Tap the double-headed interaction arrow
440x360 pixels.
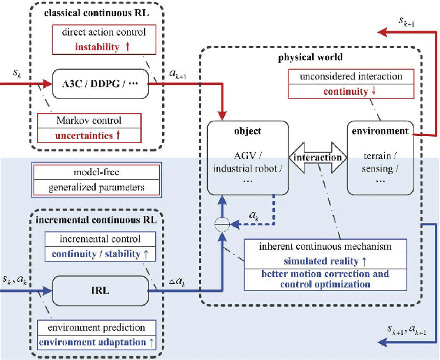[x=318, y=158]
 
